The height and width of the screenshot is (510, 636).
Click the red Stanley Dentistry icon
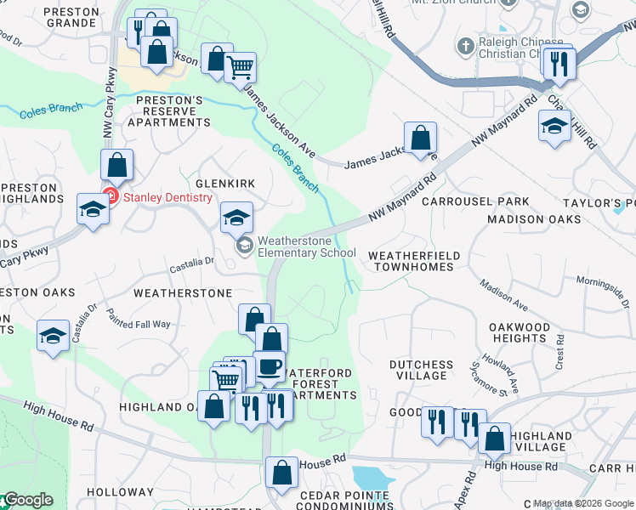tap(109, 197)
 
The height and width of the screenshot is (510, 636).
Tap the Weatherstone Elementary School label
tap(306, 246)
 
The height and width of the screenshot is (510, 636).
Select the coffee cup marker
tap(270, 367)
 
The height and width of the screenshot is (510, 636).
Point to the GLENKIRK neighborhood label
tap(225, 184)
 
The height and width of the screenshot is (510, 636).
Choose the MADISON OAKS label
tap(534, 219)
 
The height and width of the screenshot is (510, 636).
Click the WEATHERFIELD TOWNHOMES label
tap(414, 261)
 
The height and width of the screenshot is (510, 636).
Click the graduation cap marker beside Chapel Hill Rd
tap(554, 127)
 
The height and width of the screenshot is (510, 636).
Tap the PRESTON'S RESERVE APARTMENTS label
tap(169, 110)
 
